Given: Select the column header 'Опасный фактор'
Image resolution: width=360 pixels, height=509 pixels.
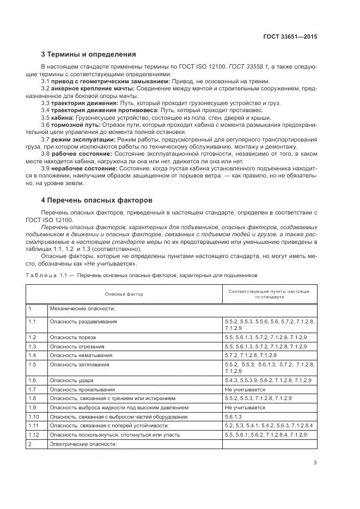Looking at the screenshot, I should (x=124, y=293).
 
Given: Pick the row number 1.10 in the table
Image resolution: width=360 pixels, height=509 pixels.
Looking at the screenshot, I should (x=34, y=416).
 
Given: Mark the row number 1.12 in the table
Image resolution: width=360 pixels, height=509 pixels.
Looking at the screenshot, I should (x=34, y=435).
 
